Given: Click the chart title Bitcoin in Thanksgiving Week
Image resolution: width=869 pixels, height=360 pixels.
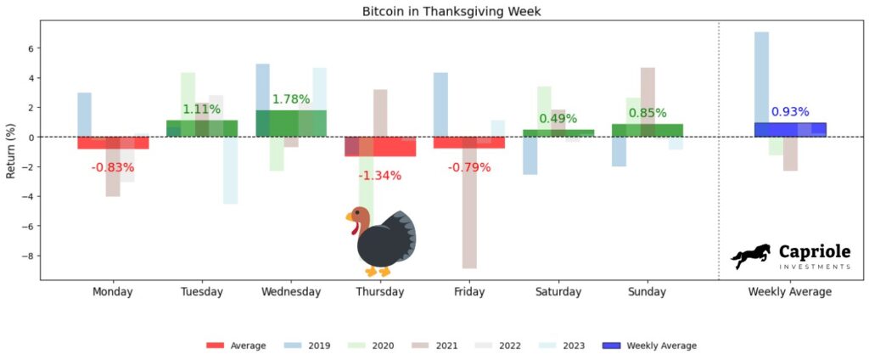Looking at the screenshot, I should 434,12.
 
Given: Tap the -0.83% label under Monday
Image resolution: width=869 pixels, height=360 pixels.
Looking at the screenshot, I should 113,167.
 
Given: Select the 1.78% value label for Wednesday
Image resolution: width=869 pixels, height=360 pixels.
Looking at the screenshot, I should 291,99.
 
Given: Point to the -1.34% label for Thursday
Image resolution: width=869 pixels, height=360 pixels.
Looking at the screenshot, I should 379,176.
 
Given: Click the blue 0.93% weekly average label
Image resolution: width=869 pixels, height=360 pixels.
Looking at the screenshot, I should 789,112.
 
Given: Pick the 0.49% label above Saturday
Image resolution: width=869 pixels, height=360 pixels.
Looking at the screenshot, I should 558,119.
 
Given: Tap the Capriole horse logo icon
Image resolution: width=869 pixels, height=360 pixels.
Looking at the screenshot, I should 751,256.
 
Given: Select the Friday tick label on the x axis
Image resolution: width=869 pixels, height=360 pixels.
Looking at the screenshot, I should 468,292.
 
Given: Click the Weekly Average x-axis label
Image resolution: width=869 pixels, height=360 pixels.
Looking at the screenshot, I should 789,292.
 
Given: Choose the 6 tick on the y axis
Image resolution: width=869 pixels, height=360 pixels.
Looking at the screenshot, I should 29,48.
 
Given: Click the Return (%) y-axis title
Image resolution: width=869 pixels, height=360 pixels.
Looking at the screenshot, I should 11,152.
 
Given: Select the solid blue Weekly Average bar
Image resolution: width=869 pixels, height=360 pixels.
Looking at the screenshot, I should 789,130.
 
